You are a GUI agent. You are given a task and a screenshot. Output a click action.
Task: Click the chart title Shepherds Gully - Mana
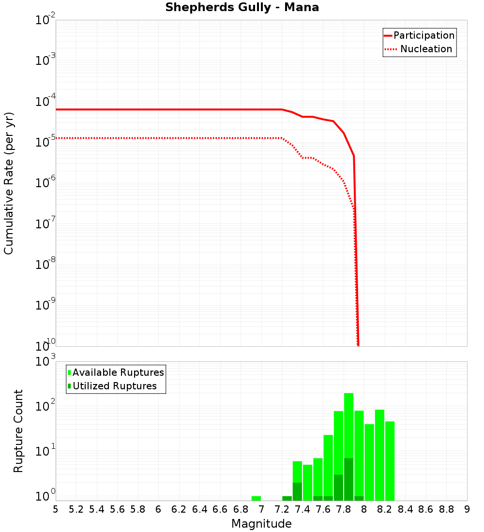pos(242,8)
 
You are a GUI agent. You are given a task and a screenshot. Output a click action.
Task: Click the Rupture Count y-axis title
pos(18,430)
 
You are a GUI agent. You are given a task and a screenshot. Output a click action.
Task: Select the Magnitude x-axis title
pos(261,524)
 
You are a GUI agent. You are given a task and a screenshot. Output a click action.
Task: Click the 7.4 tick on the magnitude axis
pos(302,509)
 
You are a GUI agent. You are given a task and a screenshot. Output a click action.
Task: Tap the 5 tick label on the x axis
pos(56,509)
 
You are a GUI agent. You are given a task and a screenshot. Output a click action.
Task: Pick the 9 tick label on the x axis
pos(467,509)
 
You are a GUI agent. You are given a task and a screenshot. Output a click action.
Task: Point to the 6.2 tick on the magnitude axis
pos(179,509)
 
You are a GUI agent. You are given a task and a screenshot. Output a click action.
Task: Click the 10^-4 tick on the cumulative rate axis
pos(45,102)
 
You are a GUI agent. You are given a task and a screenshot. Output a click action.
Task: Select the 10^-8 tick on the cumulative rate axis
pos(45,265)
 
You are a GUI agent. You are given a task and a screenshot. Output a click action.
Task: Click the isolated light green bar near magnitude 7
pos(256,498)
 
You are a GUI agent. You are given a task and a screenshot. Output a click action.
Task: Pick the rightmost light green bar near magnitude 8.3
pos(390,459)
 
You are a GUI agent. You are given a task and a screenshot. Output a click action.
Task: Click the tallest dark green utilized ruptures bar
pos(348,479)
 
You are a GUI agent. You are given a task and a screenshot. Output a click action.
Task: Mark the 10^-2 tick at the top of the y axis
pos(45,21)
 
